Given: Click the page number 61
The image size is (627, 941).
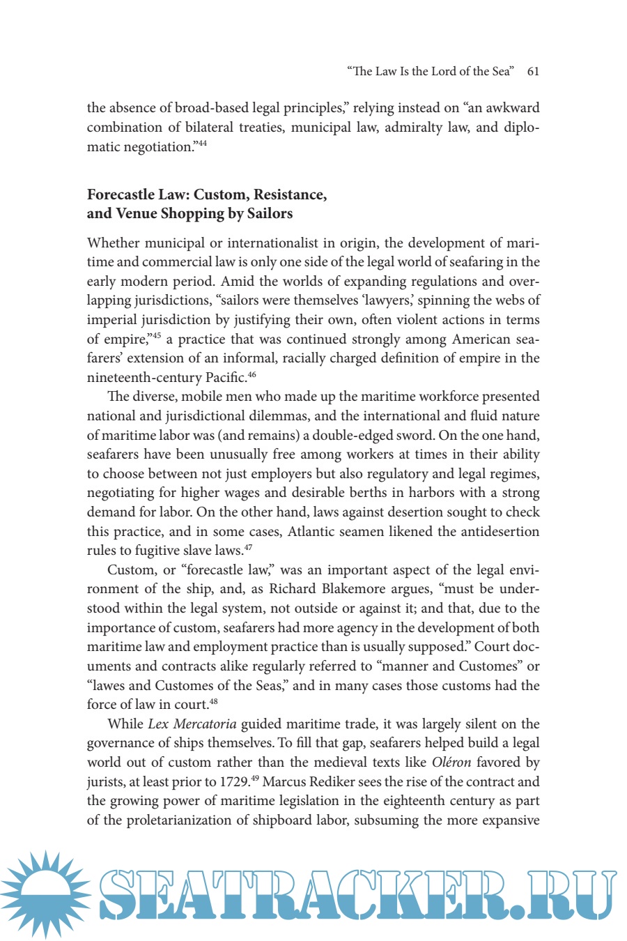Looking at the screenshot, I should pyautogui.click(x=533, y=71).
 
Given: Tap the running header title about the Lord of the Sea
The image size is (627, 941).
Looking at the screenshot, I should pyautogui.click(x=430, y=71).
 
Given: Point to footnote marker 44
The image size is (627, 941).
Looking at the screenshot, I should pyautogui.click(x=202, y=144).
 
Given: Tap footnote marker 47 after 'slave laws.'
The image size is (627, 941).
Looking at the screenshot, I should pyautogui.click(x=248, y=547).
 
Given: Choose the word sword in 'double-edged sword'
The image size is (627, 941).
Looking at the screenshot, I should pyautogui.click(x=442, y=435).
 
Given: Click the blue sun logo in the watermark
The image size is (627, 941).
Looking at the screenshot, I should pyautogui.click(x=45, y=894).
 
